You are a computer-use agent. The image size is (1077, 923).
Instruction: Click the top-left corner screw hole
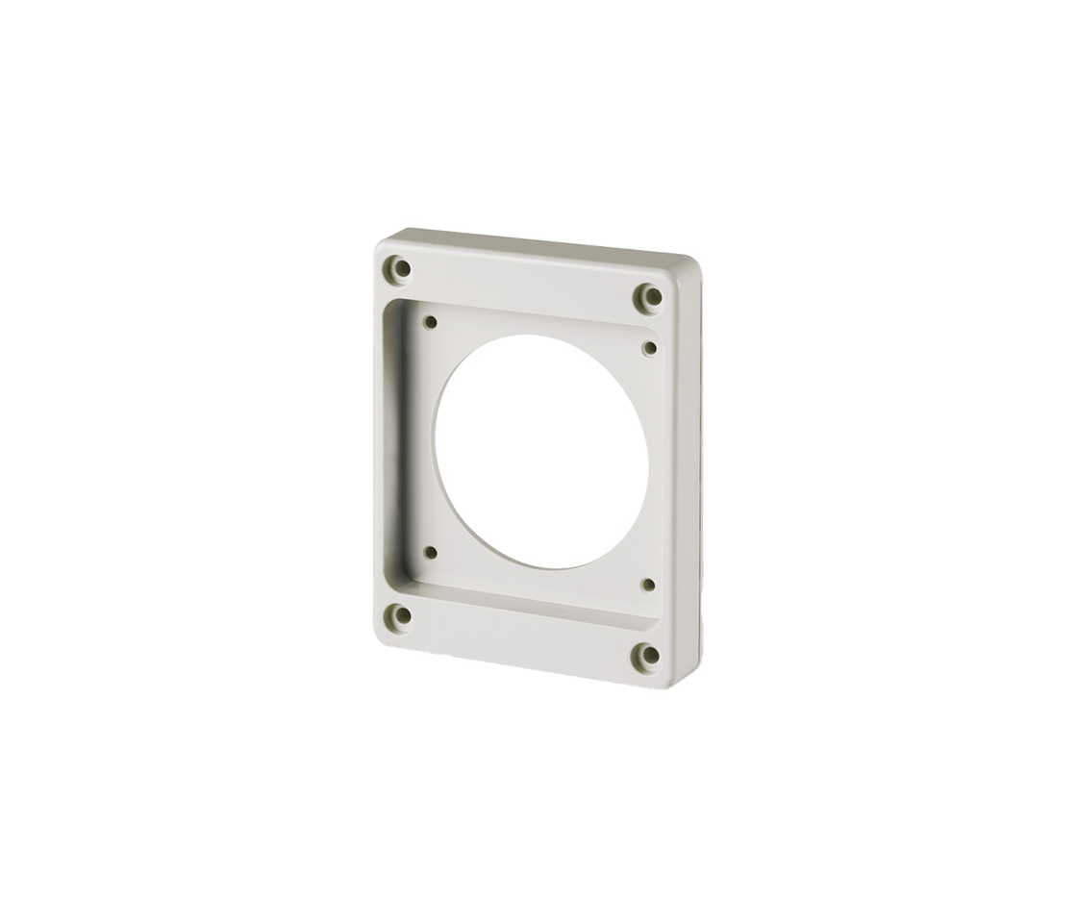pos(402,268)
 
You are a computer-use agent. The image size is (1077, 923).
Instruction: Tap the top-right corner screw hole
pos(651,297)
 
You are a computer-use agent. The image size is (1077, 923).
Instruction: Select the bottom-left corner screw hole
pos(402,614)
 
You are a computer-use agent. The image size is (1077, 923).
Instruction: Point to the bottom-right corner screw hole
pos(649,656)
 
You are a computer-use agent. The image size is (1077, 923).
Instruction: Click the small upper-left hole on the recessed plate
pos(430,322)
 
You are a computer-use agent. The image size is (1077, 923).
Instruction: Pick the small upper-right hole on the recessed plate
pos(649,347)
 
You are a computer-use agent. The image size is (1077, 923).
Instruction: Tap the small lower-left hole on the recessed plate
pos(430,552)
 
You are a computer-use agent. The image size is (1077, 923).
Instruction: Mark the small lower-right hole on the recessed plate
pos(647,584)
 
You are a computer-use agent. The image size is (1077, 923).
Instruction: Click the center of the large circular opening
pos(540,451)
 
